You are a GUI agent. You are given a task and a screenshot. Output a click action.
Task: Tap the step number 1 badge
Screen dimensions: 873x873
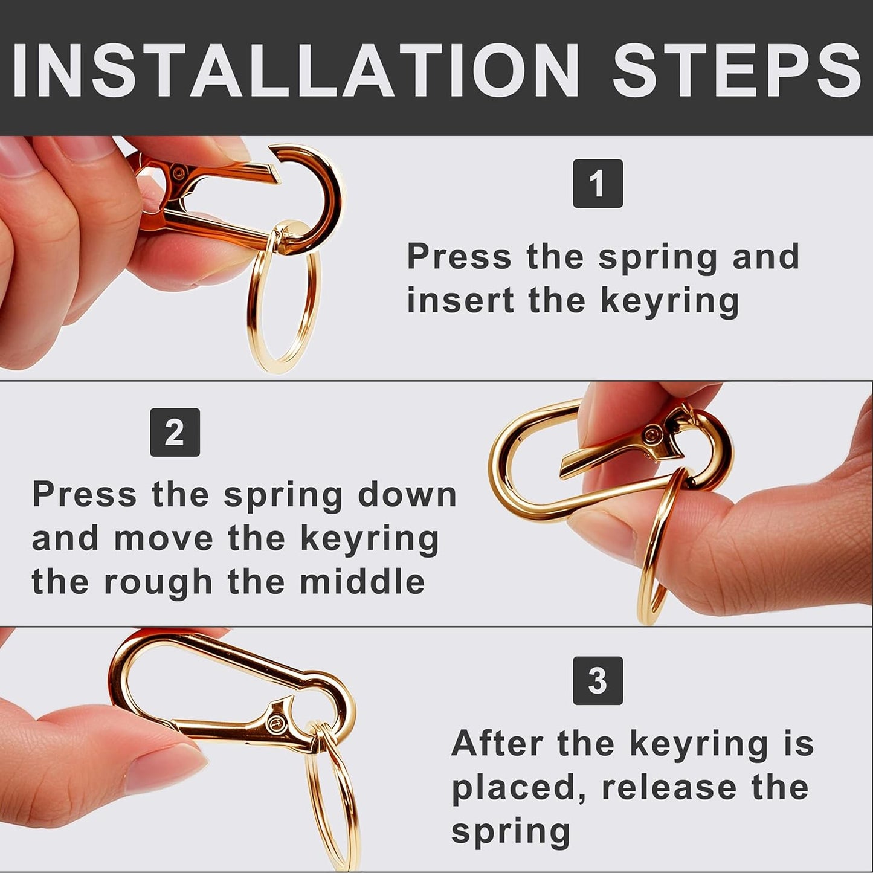pos(598,184)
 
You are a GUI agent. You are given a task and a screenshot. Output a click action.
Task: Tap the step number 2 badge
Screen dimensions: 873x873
pos(175,433)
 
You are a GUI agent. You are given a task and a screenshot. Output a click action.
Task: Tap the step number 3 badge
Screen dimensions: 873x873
pos(598,681)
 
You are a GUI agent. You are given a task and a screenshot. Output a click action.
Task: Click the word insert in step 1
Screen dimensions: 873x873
pos(459,300)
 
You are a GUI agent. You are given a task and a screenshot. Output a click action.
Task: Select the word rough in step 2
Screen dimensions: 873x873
pos(158,582)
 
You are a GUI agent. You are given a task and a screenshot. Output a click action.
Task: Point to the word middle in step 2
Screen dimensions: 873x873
pos(362,582)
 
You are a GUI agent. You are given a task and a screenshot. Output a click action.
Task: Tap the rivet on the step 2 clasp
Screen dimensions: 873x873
pos(652,434)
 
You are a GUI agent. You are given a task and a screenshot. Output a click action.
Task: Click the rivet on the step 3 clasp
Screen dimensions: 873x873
pos(277,722)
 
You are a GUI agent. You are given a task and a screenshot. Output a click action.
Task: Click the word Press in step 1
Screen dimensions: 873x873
pos(459,257)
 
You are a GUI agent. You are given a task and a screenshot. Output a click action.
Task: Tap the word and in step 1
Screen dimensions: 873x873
pos(765,257)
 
